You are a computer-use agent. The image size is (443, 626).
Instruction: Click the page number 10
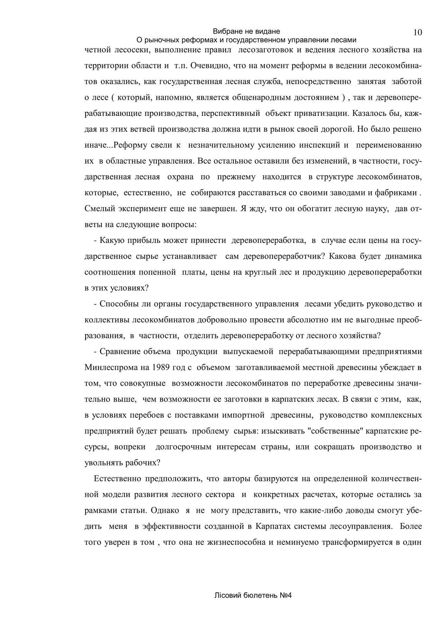[417, 33]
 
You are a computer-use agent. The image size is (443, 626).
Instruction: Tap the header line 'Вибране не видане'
[246, 31]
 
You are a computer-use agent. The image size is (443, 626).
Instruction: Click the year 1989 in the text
[161, 367]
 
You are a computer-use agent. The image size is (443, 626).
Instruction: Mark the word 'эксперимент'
[143, 209]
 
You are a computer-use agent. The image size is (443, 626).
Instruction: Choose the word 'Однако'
[165, 510]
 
